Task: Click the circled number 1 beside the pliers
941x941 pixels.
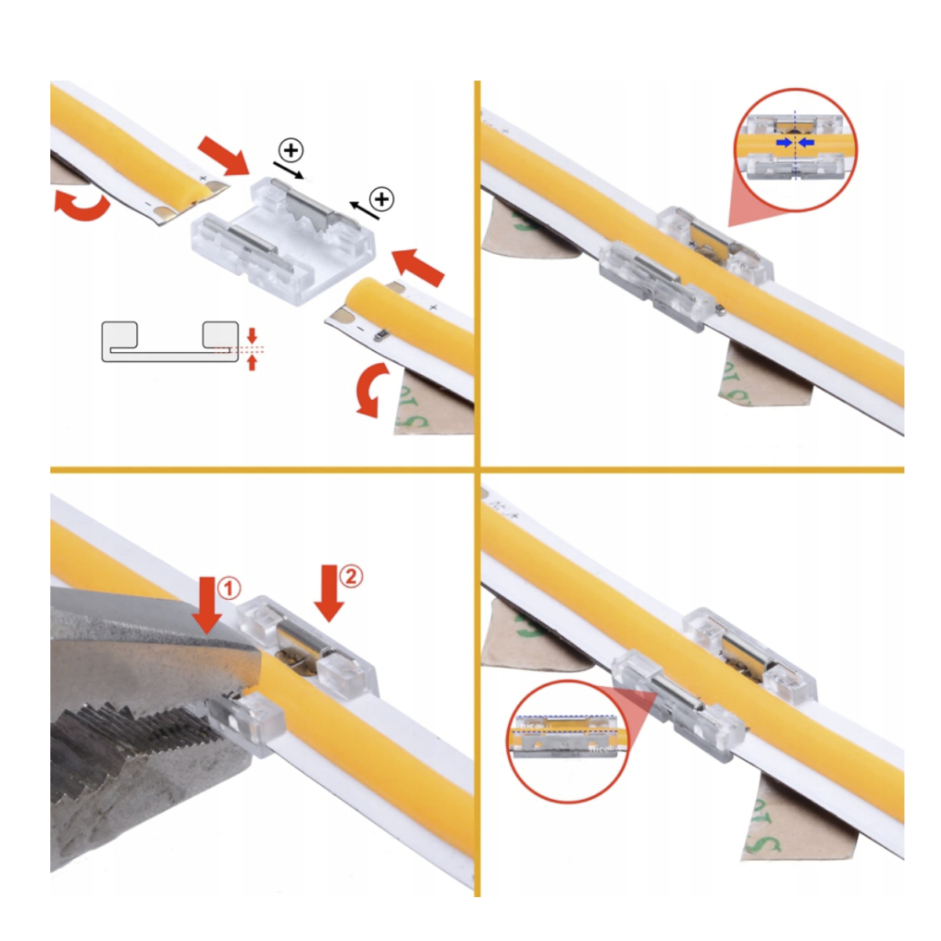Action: pos(228,588)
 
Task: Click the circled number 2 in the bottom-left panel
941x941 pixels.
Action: pos(351,576)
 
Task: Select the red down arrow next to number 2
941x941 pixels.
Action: pos(329,594)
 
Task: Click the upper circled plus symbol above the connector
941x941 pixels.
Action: pos(291,150)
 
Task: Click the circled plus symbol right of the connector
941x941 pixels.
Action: pos(382,199)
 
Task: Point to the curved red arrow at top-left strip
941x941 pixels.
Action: pos(82,205)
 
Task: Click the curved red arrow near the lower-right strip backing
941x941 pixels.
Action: pos(368,388)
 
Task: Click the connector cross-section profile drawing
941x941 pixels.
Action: pos(169,342)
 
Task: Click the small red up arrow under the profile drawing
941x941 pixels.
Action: pos(252,362)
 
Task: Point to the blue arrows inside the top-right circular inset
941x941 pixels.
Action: pos(794,143)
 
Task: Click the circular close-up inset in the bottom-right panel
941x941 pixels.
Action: pos(567,741)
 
